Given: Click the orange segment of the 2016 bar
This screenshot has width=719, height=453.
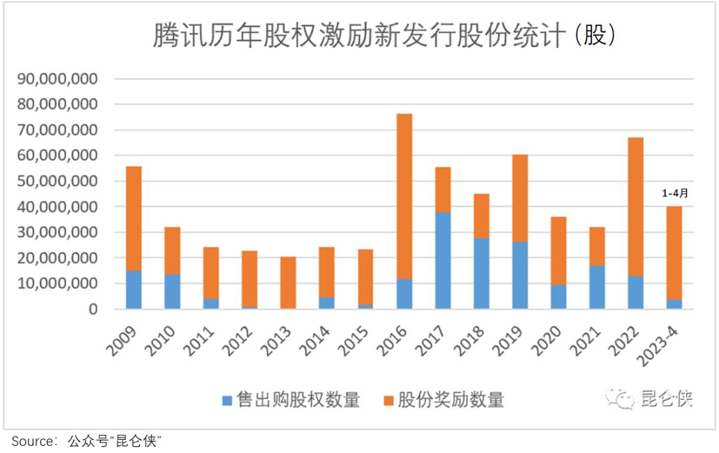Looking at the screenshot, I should (404, 196).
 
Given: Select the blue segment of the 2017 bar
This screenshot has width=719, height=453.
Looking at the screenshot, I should (443, 260).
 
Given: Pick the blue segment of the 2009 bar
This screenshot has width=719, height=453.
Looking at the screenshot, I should (134, 289).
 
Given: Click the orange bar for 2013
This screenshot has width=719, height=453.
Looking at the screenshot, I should (288, 282).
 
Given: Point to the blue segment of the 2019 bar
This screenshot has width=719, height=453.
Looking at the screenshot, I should (520, 275).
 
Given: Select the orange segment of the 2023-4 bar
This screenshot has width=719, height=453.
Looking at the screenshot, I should (674, 253).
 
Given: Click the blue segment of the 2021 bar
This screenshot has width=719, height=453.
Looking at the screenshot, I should (597, 287).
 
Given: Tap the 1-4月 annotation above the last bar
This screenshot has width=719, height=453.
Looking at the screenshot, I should (674, 194).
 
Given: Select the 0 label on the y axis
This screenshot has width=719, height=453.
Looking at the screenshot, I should (93, 309).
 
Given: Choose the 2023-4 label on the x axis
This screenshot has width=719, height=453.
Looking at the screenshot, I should (669, 342).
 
